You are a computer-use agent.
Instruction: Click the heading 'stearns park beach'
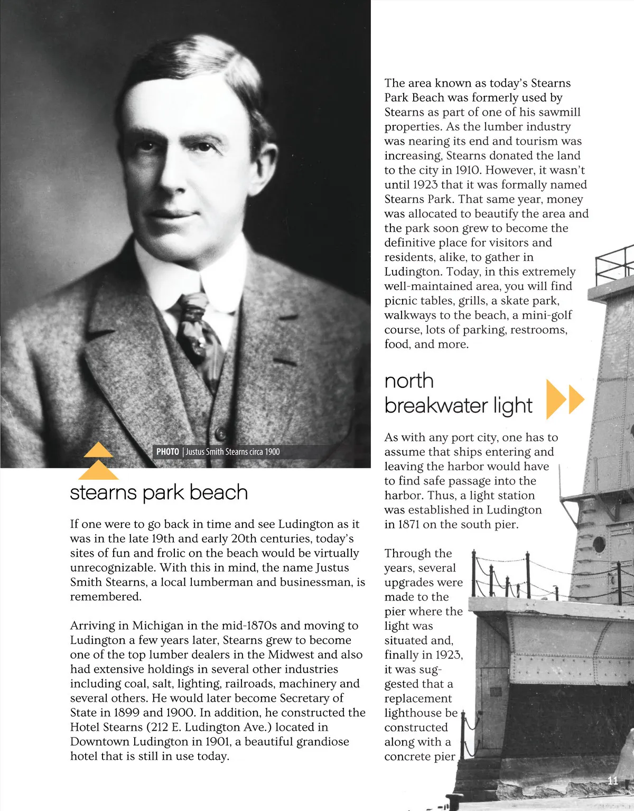(158, 492)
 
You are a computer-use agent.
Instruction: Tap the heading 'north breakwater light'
(458, 393)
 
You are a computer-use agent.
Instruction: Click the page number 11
(613, 780)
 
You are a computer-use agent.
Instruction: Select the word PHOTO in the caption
(167, 452)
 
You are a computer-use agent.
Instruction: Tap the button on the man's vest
(221, 434)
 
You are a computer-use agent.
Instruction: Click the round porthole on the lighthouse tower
(599, 544)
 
